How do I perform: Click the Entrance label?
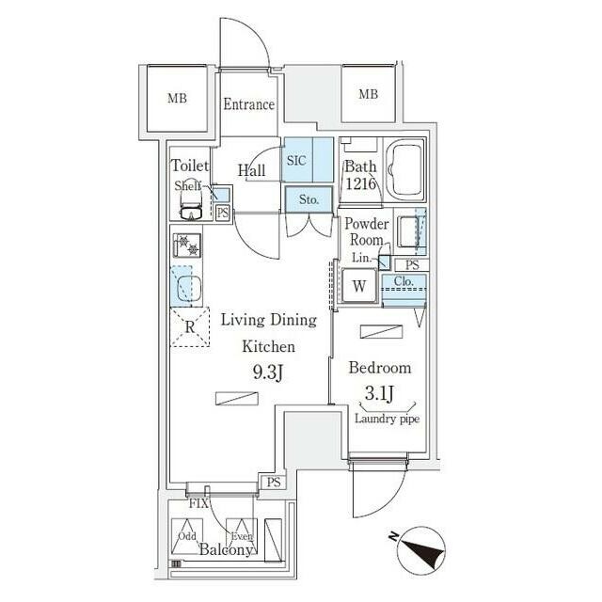point(248,104)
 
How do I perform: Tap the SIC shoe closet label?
point(296,161)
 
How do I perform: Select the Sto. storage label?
point(309,199)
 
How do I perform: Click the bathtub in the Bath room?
point(404,169)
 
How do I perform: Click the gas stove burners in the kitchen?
point(187,246)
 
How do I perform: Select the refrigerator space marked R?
point(190,327)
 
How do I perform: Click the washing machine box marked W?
point(359,286)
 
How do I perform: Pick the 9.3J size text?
point(268,372)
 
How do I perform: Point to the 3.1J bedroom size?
point(379,393)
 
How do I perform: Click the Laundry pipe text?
point(387,419)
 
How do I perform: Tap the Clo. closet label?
point(404,281)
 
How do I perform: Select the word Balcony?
point(226,549)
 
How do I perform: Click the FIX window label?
point(198,503)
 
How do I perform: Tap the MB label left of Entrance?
point(178,98)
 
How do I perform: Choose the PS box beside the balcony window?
point(274,483)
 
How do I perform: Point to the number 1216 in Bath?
point(361,184)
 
